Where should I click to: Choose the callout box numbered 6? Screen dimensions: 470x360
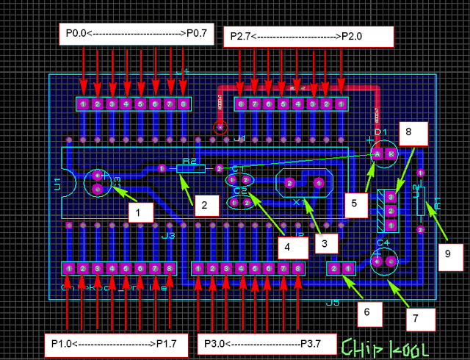coord(369,312)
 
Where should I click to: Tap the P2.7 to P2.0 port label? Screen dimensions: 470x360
coord(308,36)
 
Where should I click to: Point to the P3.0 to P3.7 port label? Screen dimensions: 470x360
coord(264,343)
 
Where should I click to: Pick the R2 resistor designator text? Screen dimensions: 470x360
coord(189,160)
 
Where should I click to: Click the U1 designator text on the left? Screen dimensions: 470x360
coord(57,184)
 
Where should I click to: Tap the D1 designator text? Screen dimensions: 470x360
coord(380,132)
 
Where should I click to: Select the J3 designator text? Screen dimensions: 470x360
coord(168,236)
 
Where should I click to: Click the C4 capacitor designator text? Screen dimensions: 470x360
coord(383,242)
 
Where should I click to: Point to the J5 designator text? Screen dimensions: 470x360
coord(332,302)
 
